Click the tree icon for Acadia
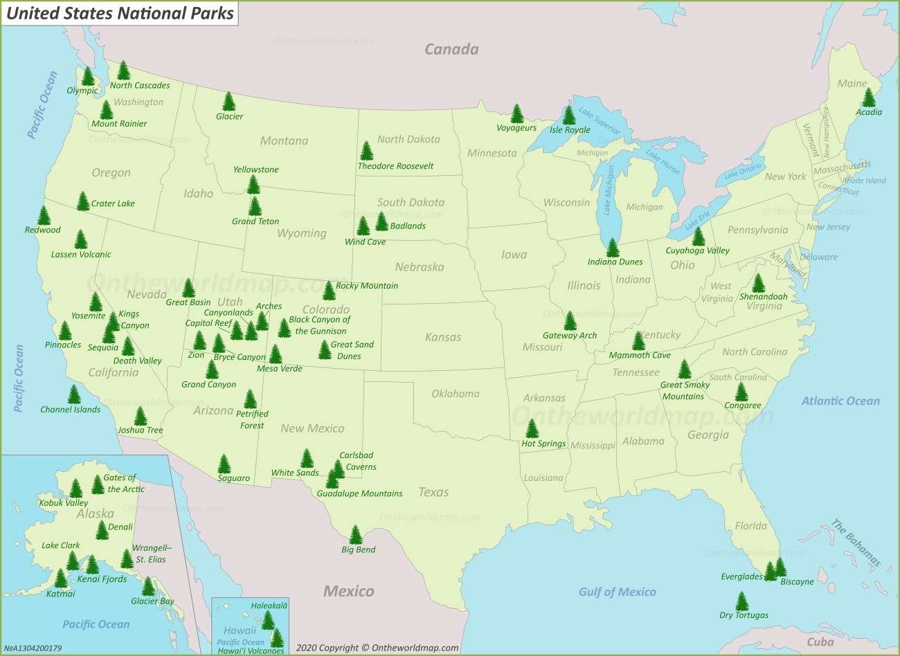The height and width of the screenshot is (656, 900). coord(869,98)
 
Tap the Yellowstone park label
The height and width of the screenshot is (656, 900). coord(255,170)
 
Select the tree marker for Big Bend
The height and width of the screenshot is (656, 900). coord(356,535)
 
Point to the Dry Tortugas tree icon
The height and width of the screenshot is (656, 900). coord(742,601)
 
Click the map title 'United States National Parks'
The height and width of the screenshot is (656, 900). coord(120,12)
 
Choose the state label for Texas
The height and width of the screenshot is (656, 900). coord(433,492)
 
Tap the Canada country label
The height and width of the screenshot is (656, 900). coord(451,49)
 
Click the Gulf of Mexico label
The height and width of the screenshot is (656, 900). coord(617,592)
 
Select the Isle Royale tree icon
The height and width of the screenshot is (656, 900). coord(569,115)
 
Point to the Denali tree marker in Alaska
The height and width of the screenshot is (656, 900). coord(102,530)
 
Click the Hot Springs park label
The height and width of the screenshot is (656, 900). coord(543,444)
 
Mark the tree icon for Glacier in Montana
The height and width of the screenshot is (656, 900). coord(229,102)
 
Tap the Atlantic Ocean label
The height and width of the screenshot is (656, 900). coord(840,401)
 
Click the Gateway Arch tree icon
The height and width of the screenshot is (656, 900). coord(570,320)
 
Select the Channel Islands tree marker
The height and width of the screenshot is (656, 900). coord(74,394)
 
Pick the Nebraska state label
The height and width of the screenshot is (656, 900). coord(420,266)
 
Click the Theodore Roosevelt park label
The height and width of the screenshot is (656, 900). coord(395,166)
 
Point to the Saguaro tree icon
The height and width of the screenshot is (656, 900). coord(224,464)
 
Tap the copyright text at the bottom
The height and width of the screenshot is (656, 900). coord(377,648)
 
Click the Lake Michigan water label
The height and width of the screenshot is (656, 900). coord(608,190)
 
